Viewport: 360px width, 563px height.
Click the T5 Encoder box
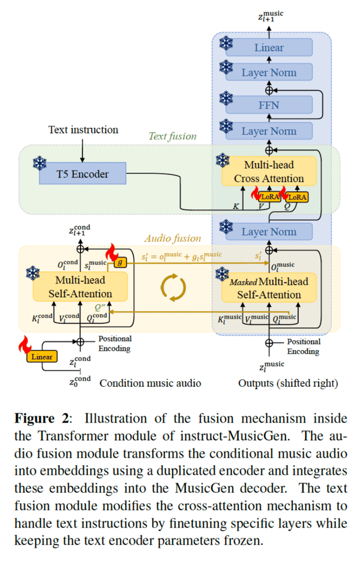click(x=82, y=174)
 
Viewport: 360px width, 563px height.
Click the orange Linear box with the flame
click(x=42, y=356)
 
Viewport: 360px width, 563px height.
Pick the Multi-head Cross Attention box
click(x=269, y=171)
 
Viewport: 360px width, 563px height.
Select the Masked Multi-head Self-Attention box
click(x=269, y=288)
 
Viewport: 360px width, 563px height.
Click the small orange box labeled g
click(x=120, y=262)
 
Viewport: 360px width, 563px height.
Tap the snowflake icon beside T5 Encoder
click(x=40, y=163)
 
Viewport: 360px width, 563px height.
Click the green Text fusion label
click(x=172, y=136)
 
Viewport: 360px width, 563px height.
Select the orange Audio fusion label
click(x=172, y=238)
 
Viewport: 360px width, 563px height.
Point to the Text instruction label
click(x=83, y=130)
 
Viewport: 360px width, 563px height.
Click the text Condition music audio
click(x=150, y=383)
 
